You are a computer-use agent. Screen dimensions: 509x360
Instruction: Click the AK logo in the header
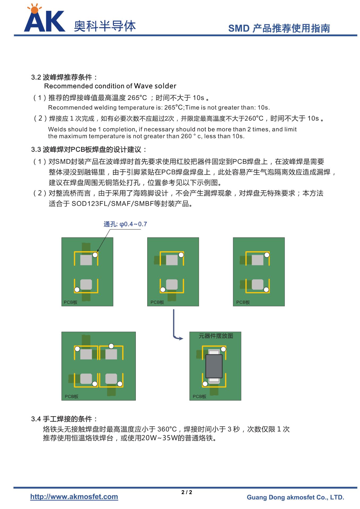click(x=44, y=19)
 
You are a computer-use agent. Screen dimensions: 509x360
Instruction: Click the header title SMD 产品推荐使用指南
click(x=279, y=28)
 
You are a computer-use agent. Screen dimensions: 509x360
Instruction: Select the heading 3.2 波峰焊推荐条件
click(x=64, y=77)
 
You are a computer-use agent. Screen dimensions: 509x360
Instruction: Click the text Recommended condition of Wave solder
click(x=110, y=86)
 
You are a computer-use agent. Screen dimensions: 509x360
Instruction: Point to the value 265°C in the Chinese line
click(x=137, y=98)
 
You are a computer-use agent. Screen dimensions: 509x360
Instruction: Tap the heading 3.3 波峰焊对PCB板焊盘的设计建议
click(x=89, y=150)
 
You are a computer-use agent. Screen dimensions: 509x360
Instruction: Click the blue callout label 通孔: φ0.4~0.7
click(x=125, y=224)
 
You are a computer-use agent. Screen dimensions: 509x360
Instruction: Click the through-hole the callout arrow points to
click(x=95, y=255)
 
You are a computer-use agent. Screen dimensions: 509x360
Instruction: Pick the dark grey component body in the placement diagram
click(x=214, y=366)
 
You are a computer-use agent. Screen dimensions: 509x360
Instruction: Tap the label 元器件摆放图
click(x=216, y=336)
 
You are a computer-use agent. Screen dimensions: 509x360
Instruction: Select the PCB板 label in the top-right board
click(x=243, y=302)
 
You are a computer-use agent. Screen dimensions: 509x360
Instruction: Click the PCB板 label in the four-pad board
click(x=72, y=397)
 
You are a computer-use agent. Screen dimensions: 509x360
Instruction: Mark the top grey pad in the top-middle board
click(x=172, y=260)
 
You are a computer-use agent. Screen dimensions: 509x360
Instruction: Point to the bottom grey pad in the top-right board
click(x=257, y=284)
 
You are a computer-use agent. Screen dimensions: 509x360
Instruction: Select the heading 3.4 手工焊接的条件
click(x=64, y=419)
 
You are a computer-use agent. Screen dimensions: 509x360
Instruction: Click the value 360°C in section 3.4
click(x=167, y=429)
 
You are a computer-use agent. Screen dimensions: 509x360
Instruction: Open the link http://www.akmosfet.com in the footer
click(x=74, y=497)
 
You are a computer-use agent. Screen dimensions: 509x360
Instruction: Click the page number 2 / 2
click(x=187, y=492)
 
